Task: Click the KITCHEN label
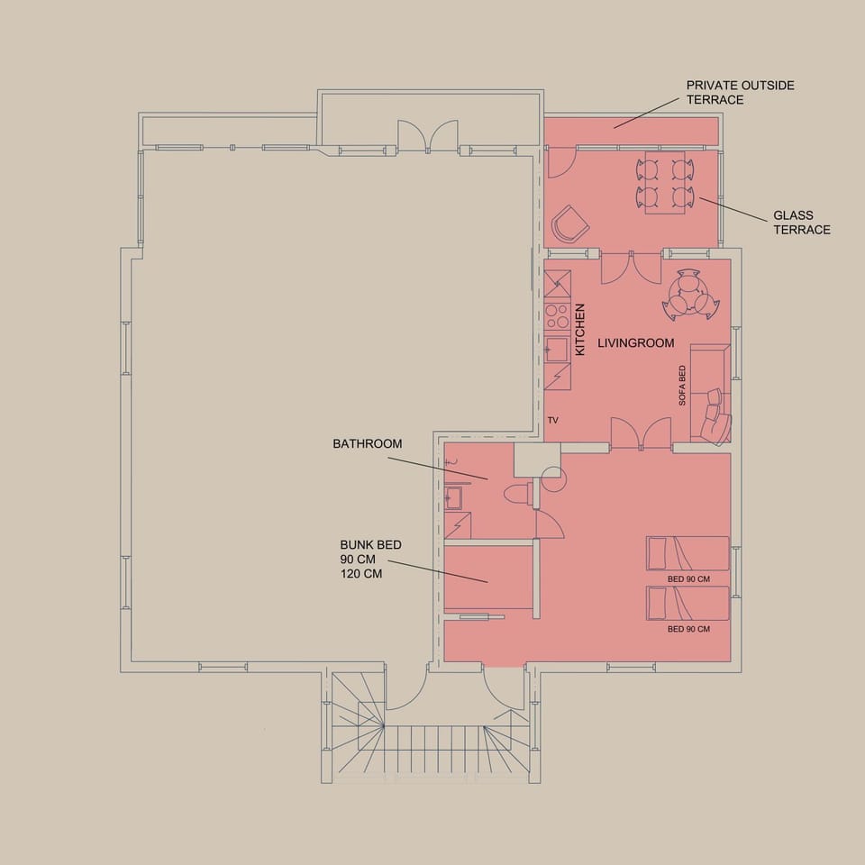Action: click(x=579, y=330)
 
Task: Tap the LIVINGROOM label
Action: click(x=636, y=343)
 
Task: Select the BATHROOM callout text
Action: click(x=368, y=443)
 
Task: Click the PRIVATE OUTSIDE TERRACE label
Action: click(x=741, y=93)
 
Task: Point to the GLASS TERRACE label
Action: click(x=802, y=223)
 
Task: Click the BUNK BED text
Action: click(x=370, y=544)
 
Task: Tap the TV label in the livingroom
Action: click(x=552, y=421)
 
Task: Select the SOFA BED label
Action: click(x=682, y=385)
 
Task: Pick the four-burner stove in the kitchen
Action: click(x=557, y=316)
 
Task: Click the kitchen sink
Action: click(x=557, y=350)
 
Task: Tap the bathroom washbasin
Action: click(x=453, y=497)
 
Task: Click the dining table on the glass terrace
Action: click(x=665, y=182)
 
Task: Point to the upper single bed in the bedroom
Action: click(x=687, y=552)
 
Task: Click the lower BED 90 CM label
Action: click(x=688, y=629)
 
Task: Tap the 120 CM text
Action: click(x=361, y=573)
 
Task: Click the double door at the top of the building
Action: click(x=428, y=136)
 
